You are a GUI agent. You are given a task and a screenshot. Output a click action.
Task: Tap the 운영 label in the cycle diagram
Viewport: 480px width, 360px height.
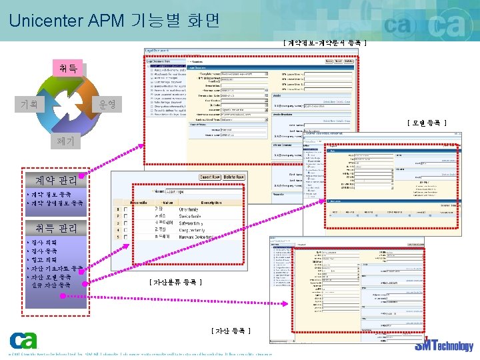coord(107,105)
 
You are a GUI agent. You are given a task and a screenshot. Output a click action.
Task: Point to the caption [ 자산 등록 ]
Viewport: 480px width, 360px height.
coord(231,331)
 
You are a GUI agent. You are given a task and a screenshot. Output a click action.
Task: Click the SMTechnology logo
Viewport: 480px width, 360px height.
coord(444,345)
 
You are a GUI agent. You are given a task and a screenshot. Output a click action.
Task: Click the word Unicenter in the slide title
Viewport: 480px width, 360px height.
coord(45,20)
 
